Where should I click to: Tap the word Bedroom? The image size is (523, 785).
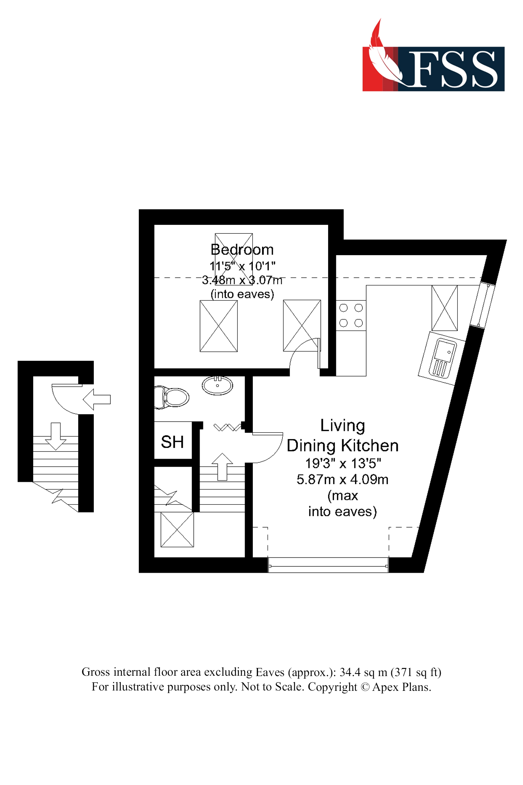pyautogui.click(x=242, y=250)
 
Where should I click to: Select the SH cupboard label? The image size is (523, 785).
pyautogui.click(x=172, y=442)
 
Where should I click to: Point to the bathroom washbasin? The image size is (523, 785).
pyautogui.click(x=217, y=385)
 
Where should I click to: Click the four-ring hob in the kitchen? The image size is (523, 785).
pyautogui.click(x=351, y=315)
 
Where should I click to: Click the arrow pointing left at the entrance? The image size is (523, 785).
pyautogui.click(x=97, y=399)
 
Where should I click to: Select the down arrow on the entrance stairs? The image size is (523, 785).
pyautogui.click(x=56, y=436)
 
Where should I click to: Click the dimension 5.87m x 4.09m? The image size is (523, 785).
pyautogui.click(x=343, y=480)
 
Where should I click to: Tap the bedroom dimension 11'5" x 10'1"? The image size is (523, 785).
pyautogui.click(x=242, y=266)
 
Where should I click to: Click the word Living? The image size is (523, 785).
pyautogui.click(x=343, y=425)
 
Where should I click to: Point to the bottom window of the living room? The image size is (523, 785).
pyautogui.click(x=328, y=565)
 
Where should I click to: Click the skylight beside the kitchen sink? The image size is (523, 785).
pyautogui.click(x=444, y=308)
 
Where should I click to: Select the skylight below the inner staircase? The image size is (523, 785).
pyautogui.click(x=177, y=529)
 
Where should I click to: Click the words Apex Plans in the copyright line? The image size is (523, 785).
pyautogui.click(x=401, y=687)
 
